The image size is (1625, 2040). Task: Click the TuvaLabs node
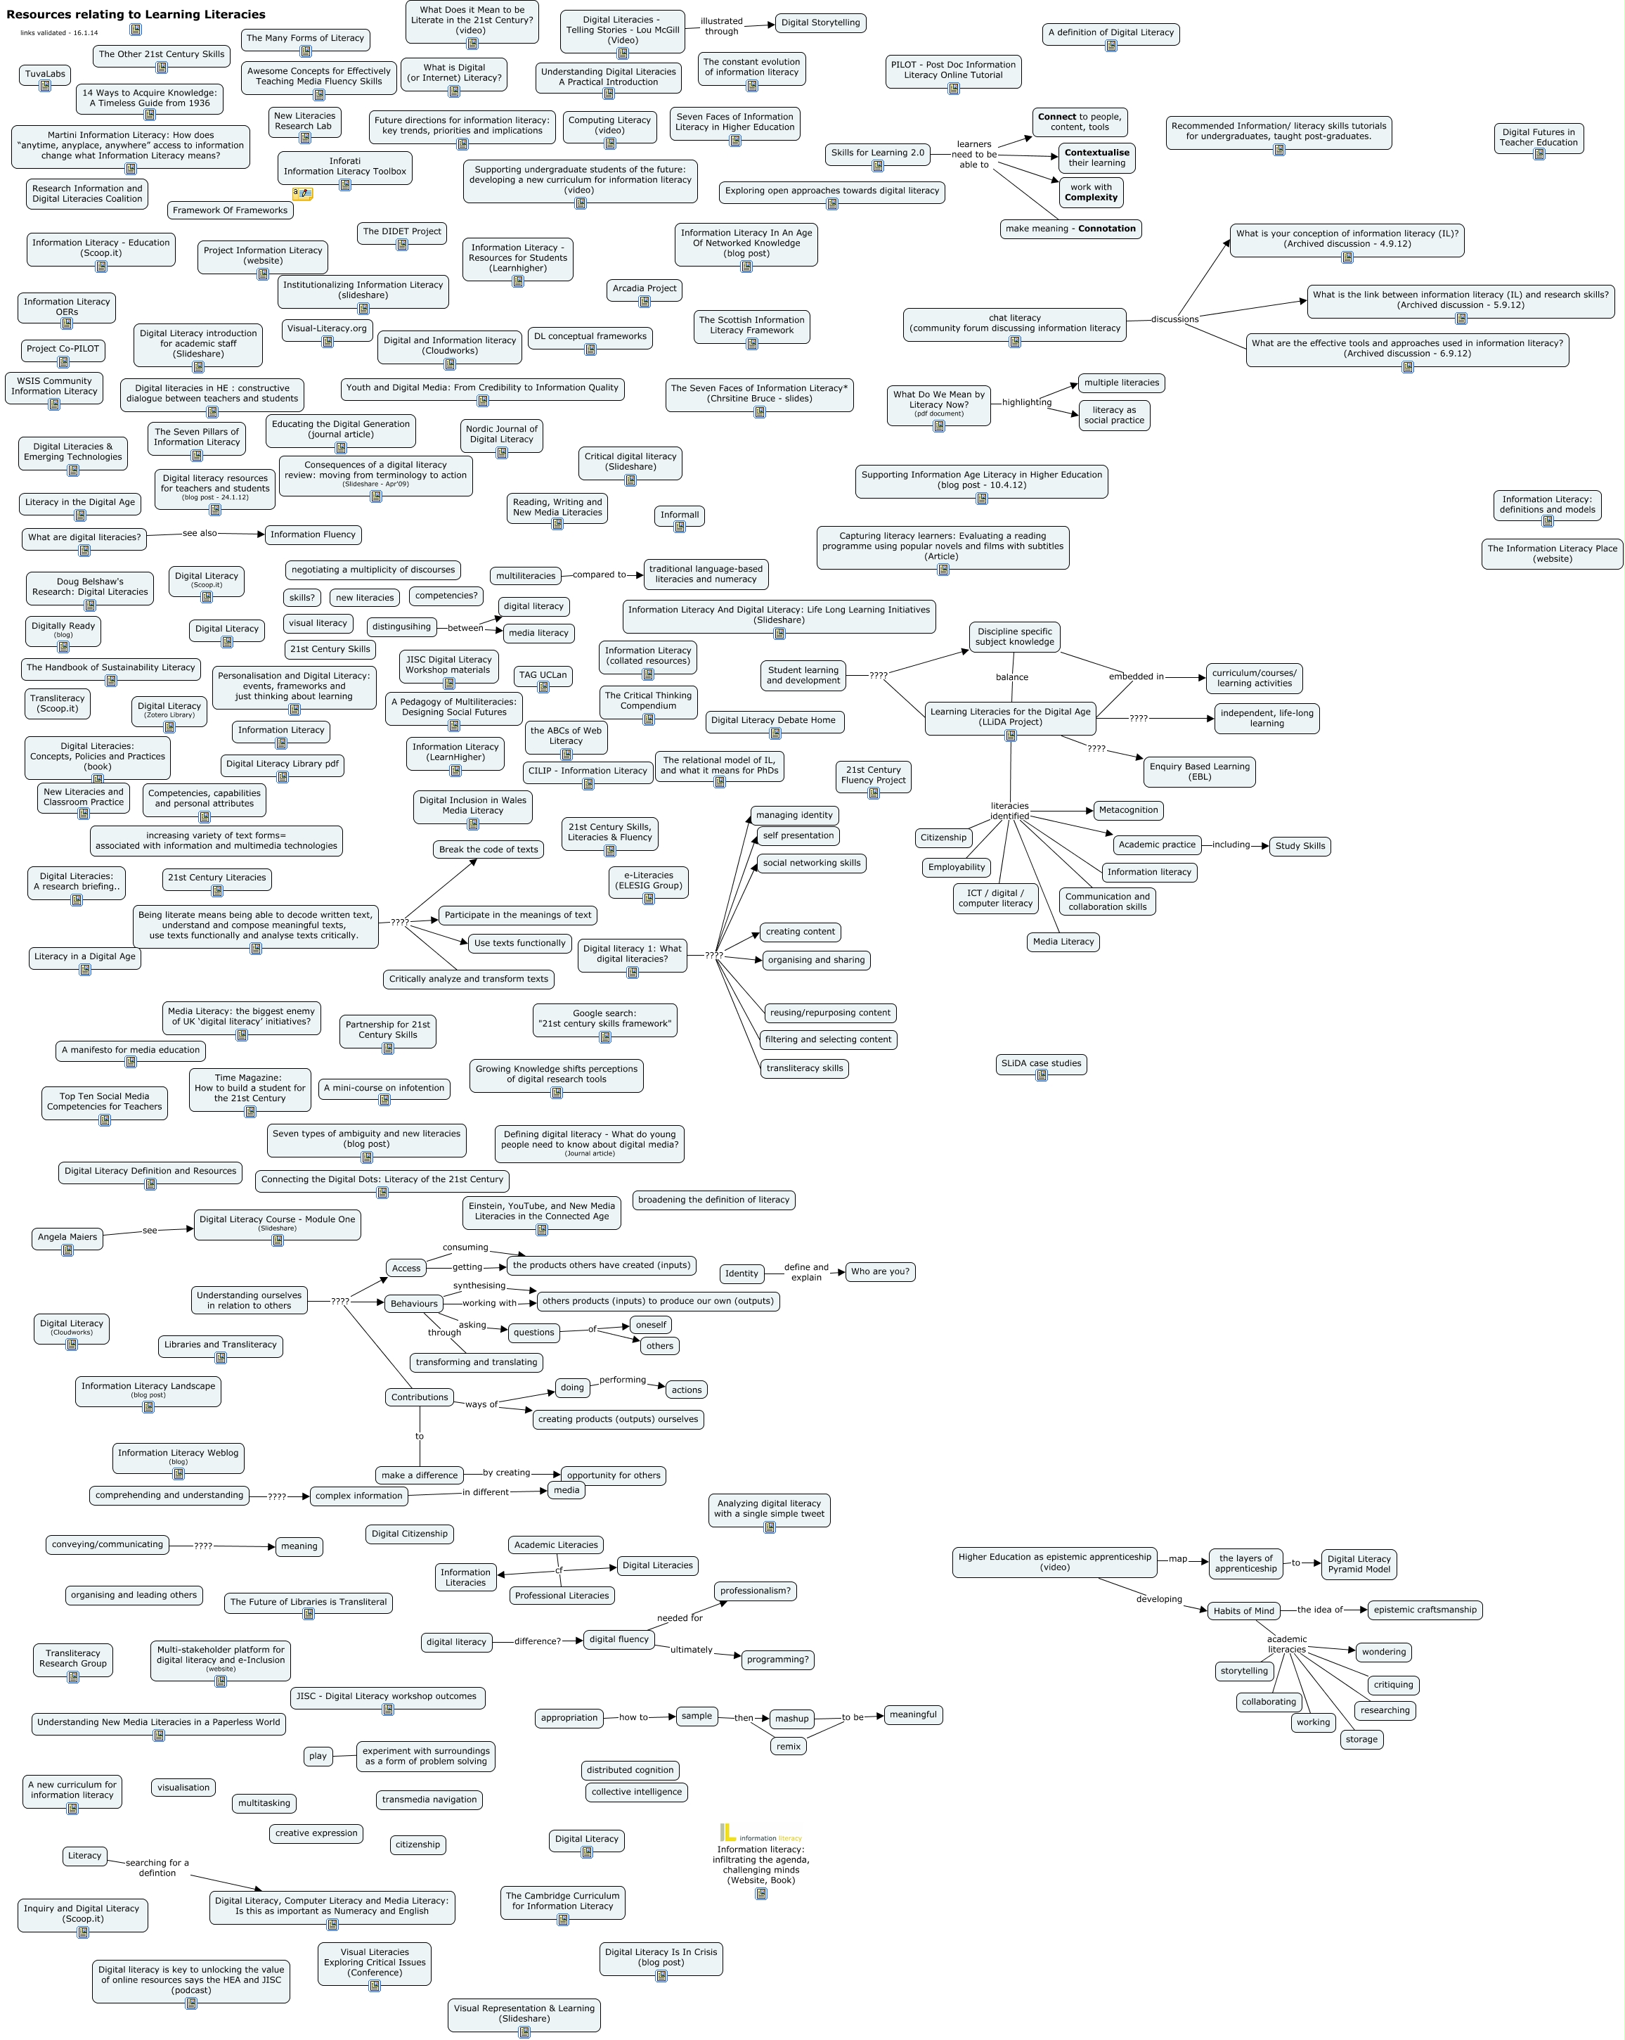[44, 74]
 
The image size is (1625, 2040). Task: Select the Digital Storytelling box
[820, 23]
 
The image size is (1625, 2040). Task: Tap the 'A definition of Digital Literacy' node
[1111, 32]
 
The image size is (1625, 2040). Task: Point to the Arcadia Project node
[644, 288]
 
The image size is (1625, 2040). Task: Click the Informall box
[679, 515]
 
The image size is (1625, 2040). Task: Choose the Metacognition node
[1127, 810]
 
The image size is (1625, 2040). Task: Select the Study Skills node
[1300, 846]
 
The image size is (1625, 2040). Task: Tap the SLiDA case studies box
[1040, 1063]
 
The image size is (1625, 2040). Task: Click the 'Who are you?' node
[880, 1271]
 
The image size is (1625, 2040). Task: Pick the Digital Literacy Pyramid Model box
[1358, 1563]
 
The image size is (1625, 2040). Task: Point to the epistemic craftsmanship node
[1425, 1610]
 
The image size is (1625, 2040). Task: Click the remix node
[788, 1747]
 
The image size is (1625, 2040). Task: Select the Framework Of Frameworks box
[230, 210]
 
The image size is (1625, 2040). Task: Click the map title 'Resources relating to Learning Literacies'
[135, 14]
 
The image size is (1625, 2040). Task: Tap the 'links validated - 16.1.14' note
[58, 33]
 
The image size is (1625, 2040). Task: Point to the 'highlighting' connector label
[1026, 402]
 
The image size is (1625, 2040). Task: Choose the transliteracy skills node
[804, 1068]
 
